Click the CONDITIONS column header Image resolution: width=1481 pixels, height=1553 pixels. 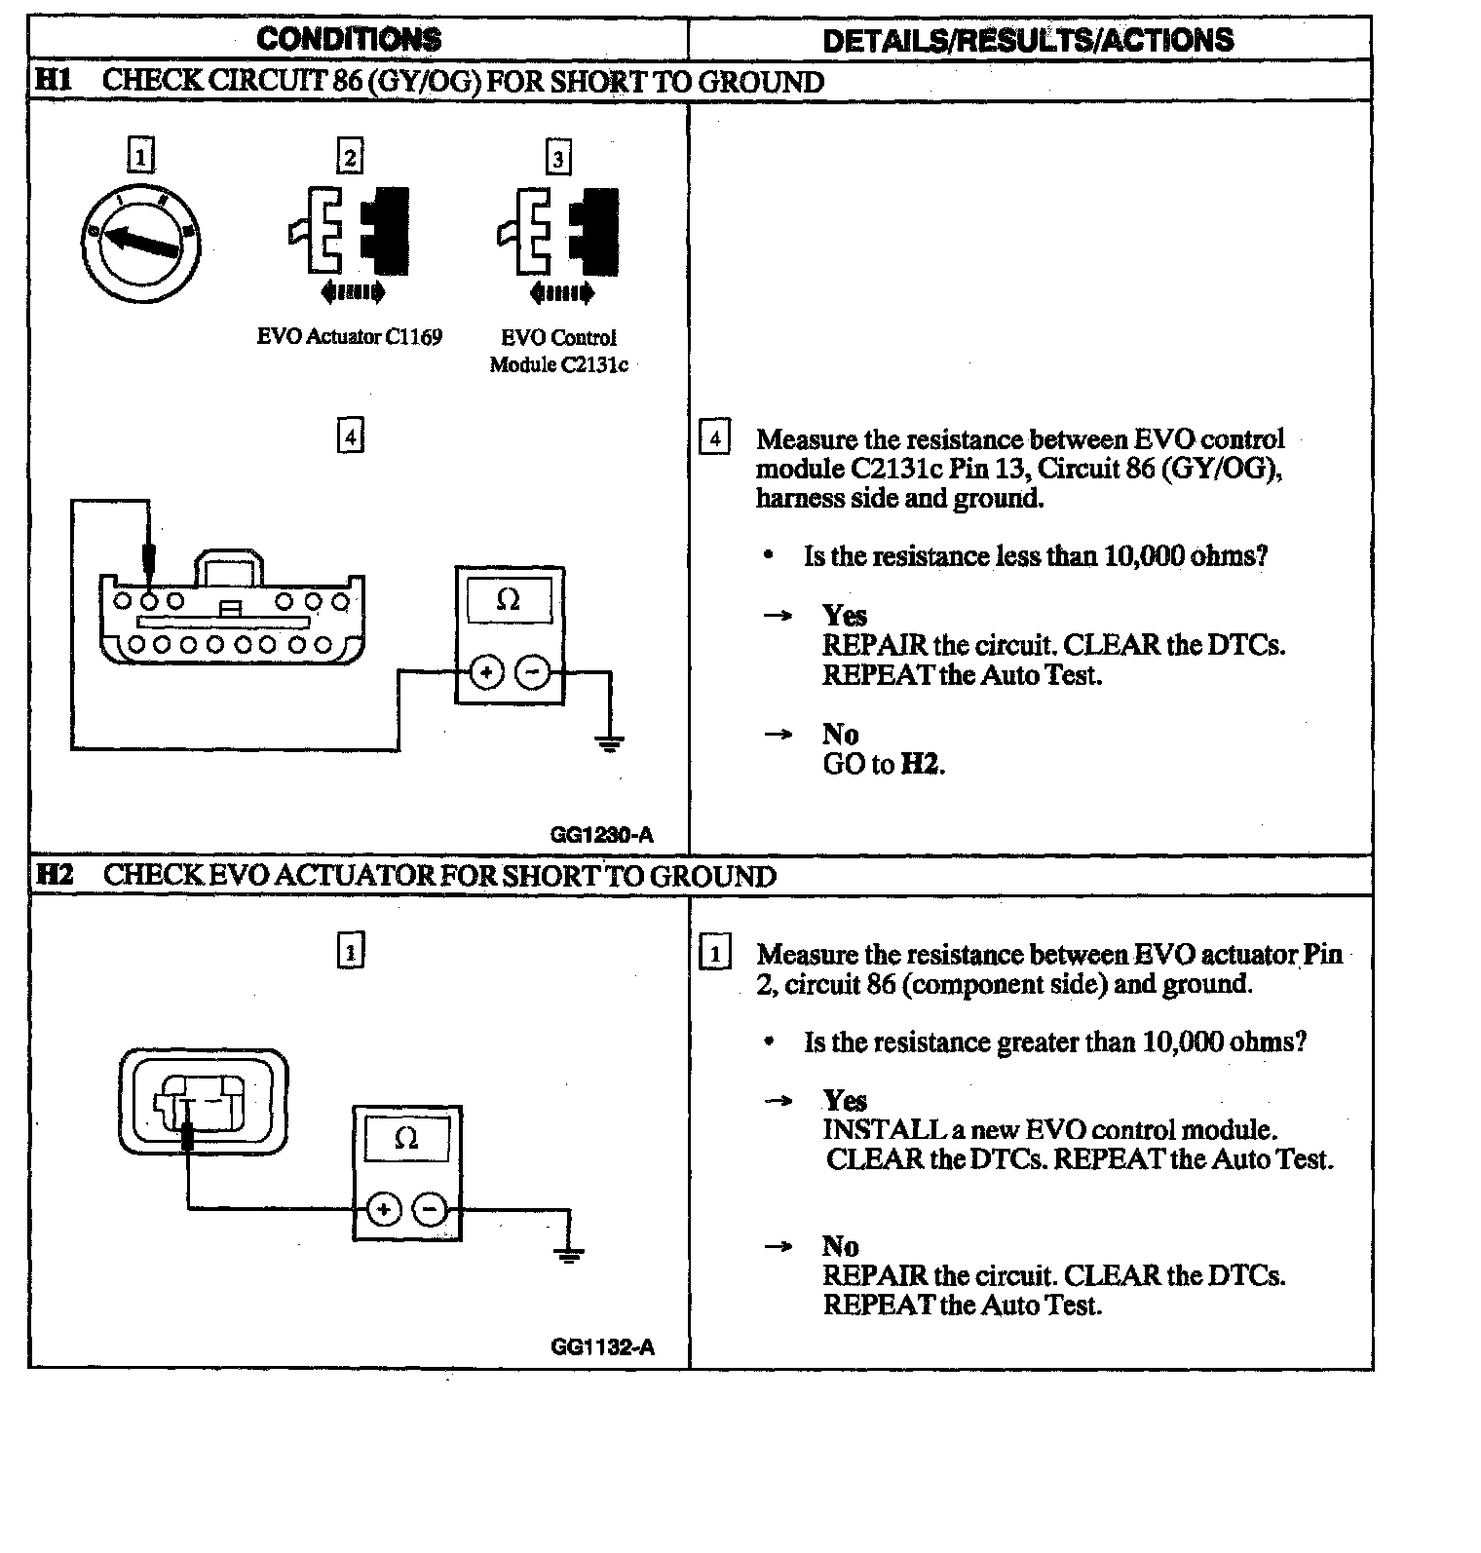click(x=349, y=39)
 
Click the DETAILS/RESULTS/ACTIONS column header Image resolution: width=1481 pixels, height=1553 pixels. click(x=1028, y=40)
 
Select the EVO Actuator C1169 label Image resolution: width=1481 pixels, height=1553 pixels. click(x=349, y=337)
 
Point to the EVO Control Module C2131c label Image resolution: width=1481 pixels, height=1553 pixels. click(x=558, y=352)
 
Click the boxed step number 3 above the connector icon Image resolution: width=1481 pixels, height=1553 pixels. click(x=558, y=158)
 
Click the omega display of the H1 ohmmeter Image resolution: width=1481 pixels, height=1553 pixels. click(x=509, y=600)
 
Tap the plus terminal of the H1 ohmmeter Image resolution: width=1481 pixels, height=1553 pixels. click(x=486, y=672)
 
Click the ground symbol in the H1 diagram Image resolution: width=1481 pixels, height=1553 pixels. click(x=609, y=745)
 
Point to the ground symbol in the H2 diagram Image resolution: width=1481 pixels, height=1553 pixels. click(x=570, y=1255)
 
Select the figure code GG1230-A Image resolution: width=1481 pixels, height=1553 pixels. click(x=601, y=835)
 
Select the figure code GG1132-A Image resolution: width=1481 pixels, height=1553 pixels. click(x=602, y=1347)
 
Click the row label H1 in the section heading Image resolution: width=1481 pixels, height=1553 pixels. click(x=54, y=80)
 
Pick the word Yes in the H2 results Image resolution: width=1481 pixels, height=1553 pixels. click(x=844, y=1101)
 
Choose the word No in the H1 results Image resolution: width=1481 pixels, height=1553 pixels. click(x=840, y=734)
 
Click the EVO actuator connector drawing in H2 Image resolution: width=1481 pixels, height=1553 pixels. click(x=203, y=1102)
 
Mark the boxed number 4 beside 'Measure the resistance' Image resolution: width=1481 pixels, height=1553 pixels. click(x=715, y=438)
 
